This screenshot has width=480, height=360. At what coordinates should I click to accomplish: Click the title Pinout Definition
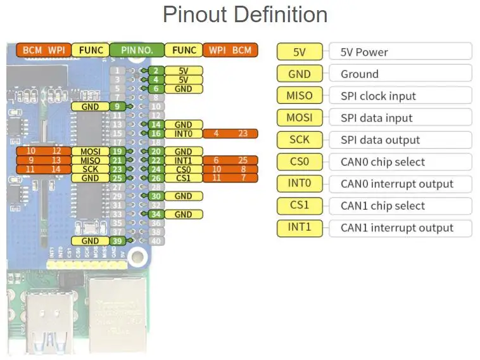click(x=245, y=15)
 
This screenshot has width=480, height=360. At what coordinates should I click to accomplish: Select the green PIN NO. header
click(x=137, y=49)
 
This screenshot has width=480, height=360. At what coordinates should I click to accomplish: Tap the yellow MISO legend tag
click(x=300, y=96)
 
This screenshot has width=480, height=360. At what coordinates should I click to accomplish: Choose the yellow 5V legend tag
click(x=300, y=52)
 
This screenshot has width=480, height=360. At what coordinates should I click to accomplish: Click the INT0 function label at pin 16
click(x=183, y=134)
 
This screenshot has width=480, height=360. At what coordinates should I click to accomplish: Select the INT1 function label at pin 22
click(x=183, y=161)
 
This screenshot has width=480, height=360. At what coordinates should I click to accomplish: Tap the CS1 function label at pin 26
click(x=183, y=179)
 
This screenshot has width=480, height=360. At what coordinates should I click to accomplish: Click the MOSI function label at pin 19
click(x=91, y=151)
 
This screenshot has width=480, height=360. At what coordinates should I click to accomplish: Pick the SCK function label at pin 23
click(x=91, y=170)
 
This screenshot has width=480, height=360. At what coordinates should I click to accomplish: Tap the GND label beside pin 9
click(x=91, y=106)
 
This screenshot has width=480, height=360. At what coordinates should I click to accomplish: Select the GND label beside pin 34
click(x=183, y=214)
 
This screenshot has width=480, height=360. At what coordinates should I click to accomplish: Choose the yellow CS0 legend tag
click(x=300, y=162)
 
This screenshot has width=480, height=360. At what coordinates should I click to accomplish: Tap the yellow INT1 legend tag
click(x=300, y=228)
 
